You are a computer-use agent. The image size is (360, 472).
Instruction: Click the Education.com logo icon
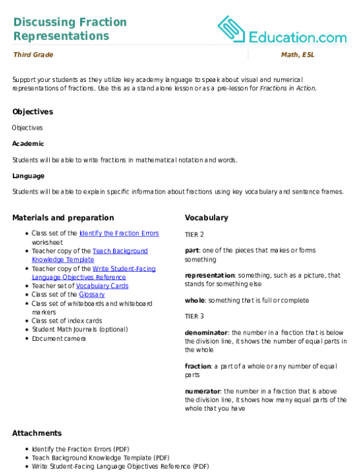click(x=231, y=29)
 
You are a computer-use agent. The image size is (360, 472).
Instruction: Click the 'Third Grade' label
click(x=33, y=55)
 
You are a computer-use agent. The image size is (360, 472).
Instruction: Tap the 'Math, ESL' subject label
click(x=298, y=55)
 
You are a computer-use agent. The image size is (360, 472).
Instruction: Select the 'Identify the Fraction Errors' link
click(x=119, y=233)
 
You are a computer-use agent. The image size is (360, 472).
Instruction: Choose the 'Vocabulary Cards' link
click(x=102, y=286)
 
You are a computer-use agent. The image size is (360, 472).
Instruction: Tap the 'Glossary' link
click(x=92, y=294)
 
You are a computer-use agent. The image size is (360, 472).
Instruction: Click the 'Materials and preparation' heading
click(x=63, y=218)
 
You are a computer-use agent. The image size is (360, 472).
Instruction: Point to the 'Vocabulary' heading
click(x=206, y=218)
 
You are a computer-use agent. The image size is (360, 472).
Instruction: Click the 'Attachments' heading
click(x=37, y=433)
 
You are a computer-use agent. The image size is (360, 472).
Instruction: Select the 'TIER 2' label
click(x=195, y=234)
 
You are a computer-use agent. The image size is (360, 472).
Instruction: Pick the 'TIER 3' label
click(x=195, y=316)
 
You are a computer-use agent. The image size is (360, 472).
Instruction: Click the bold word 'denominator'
click(x=206, y=333)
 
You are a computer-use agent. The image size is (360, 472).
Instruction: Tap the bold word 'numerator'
click(x=203, y=391)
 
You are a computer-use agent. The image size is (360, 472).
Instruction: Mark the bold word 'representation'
click(x=209, y=276)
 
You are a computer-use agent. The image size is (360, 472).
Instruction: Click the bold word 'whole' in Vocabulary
click(x=195, y=300)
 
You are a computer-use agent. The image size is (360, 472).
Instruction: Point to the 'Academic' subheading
click(x=28, y=143)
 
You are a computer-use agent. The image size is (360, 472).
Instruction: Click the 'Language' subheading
click(x=28, y=176)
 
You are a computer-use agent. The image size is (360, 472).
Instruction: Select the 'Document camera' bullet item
click(x=59, y=338)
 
